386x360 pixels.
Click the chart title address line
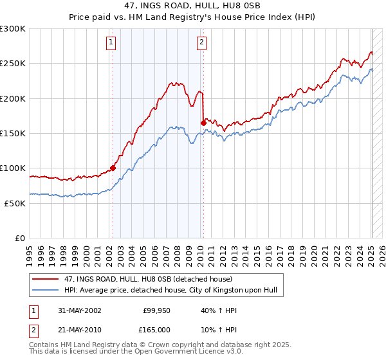click(x=192, y=6)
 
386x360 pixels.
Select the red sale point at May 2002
click(x=113, y=168)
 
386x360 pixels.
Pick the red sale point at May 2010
click(x=203, y=123)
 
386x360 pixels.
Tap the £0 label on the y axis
click(x=19, y=238)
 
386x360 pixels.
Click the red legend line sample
click(x=45, y=279)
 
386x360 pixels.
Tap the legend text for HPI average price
click(x=170, y=290)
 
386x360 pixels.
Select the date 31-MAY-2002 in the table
click(x=78, y=310)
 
